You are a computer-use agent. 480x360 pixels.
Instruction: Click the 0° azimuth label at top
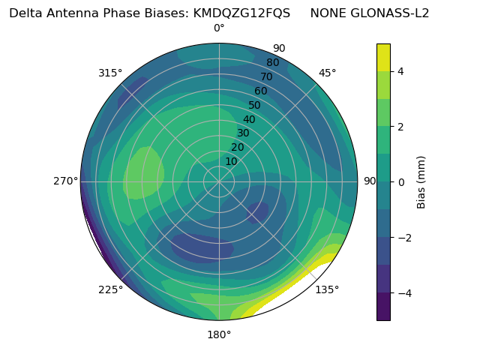coord(219,28)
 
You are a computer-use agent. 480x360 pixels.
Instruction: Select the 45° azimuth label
coord(327,73)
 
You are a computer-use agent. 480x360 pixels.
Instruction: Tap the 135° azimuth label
coord(327,289)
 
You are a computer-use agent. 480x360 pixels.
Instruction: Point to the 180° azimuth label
coord(219,334)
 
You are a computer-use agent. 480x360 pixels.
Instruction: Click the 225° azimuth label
coord(110,289)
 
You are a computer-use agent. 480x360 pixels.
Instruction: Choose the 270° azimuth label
coord(66,181)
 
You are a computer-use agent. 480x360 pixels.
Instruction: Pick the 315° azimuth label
coord(110,73)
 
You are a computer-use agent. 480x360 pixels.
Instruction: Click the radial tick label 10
coord(231,161)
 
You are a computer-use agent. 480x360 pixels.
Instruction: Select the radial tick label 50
coord(254,105)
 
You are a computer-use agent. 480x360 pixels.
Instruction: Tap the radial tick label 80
coord(272,63)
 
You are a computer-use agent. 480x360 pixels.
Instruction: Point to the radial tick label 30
coord(243,133)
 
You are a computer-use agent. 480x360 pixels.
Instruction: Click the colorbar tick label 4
coord(400,71)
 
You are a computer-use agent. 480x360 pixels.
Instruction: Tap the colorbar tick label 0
coord(400,181)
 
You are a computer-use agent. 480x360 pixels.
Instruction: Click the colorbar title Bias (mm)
coord(421,181)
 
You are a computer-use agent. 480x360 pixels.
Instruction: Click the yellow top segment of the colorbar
coord(383,57)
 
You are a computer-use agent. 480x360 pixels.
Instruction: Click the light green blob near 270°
coord(143,172)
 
